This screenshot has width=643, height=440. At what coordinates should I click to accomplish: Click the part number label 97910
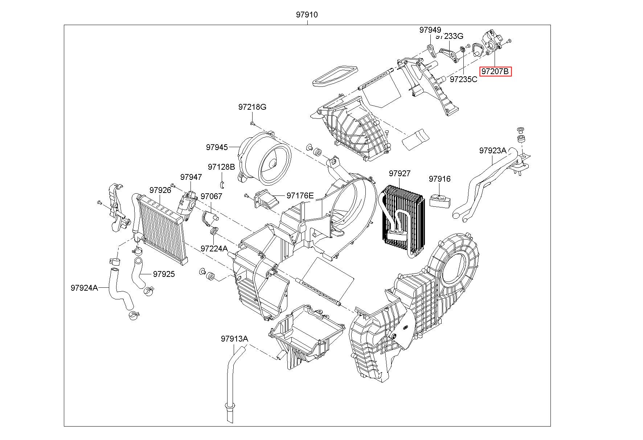coord(307,15)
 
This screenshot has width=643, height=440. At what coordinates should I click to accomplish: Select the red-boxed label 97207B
coord(495,72)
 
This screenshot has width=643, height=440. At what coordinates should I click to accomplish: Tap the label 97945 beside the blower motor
coord(217,147)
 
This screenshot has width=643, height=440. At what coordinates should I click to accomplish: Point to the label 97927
coord(400,173)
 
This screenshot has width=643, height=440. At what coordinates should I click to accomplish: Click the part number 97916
coord(439,179)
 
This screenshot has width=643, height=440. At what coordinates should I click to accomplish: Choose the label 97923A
coord(492,150)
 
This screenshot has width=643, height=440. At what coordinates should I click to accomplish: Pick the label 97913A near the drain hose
coord(234,339)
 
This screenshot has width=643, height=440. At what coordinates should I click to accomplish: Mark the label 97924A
coord(84,288)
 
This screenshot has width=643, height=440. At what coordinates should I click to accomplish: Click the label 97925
coord(164,274)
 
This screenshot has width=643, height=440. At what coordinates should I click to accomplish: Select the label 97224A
coord(214,249)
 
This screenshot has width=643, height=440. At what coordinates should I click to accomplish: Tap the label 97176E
coord(300,195)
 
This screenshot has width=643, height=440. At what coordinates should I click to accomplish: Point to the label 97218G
coord(252,107)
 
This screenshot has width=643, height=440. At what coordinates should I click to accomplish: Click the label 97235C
coord(463,79)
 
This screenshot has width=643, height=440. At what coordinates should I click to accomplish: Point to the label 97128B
coord(221,167)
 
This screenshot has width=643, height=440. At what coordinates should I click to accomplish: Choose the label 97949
coord(430,30)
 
